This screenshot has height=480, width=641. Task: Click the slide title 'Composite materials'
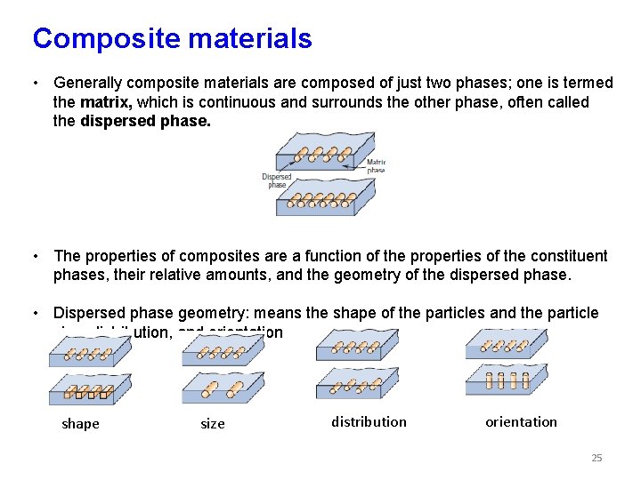coord(172,38)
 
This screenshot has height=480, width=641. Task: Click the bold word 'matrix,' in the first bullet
coord(111,102)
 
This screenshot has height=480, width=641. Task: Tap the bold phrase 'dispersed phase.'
coord(146,122)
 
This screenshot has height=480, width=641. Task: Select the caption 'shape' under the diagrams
coord(80,424)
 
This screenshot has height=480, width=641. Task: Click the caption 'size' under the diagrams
coord(213,424)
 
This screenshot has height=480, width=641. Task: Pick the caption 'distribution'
coord(369,421)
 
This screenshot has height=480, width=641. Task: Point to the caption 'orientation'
coord(521,421)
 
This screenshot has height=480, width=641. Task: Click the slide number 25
coord(596,458)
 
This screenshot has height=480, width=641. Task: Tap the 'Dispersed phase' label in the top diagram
coord(277,180)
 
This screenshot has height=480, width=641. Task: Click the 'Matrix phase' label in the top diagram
coord(376,165)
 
